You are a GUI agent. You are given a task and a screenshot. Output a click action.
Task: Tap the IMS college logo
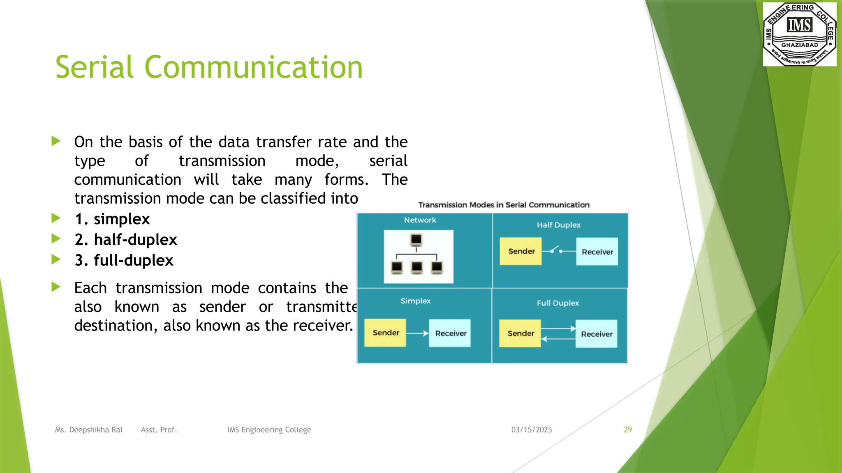tap(799, 34)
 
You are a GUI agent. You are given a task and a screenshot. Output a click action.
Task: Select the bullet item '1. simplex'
tap(112, 219)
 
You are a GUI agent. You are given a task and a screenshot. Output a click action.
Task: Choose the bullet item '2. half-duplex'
tap(126, 239)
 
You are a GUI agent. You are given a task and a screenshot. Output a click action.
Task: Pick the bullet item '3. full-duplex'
tap(124, 260)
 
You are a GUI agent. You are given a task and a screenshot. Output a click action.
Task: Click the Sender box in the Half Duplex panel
tap(521, 251)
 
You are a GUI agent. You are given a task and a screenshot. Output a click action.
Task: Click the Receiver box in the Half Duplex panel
tap(597, 252)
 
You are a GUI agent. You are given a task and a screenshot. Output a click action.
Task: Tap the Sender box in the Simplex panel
tap(385, 333)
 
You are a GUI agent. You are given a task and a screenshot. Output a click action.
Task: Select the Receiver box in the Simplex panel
tap(450, 333)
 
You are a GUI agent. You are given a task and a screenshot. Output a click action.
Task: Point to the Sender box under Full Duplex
tap(520, 333)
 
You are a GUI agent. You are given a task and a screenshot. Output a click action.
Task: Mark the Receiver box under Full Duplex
tap(596, 334)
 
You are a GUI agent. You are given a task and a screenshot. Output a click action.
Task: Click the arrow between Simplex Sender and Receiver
tap(417, 333)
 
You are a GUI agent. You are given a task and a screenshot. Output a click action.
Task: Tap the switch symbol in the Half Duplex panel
tap(556, 250)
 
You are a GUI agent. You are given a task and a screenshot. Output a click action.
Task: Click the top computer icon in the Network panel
tap(416, 239)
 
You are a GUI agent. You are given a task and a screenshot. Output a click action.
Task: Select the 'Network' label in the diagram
tap(420, 220)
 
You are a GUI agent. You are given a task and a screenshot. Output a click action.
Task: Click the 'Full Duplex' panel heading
tap(557, 303)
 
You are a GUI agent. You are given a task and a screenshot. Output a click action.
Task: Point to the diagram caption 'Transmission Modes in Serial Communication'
tap(504, 205)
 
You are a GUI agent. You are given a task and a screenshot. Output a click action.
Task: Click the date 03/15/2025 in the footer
tap(531, 429)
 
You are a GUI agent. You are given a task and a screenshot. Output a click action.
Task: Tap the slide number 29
tap(627, 429)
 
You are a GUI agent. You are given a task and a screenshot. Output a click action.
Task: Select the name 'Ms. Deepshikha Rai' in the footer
tap(89, 430)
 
